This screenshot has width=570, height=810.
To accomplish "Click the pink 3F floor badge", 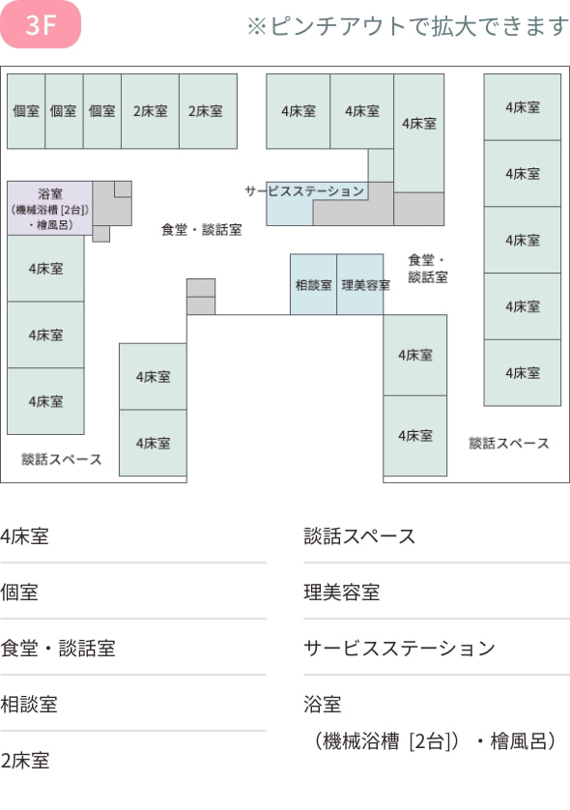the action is point(41,24).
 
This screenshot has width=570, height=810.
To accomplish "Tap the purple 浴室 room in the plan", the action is point(49,208).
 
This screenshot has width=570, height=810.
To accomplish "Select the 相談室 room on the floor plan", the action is point(313,284).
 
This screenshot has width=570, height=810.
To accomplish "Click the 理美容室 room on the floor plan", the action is point(359,284).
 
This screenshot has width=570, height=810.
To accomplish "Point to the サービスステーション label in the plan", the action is point(304,191).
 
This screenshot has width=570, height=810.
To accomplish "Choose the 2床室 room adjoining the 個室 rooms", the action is point(151,111).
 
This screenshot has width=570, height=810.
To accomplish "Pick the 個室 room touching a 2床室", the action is point(102,111).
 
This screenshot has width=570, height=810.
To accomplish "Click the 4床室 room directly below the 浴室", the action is point(45,269).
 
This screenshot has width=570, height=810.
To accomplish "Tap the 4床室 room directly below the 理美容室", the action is point(415,356).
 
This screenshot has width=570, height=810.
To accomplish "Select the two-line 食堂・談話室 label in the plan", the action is point(427,269).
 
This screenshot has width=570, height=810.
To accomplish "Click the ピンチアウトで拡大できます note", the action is point(408,26).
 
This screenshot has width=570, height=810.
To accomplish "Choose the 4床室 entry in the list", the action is point(25,536).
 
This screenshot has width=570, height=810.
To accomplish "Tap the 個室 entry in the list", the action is point(19,593).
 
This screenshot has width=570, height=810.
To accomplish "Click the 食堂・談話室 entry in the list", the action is point(58,649).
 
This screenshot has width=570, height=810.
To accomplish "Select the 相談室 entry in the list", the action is point(29,705).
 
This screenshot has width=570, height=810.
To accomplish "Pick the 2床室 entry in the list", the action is point(25,761).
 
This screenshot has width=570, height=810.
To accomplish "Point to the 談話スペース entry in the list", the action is point(359,536).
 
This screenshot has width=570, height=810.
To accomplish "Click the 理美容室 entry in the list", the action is point(342,593).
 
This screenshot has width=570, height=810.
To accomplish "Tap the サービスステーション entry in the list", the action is point(399,649).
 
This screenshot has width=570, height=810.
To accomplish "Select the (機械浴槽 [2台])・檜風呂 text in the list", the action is point(435,741).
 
